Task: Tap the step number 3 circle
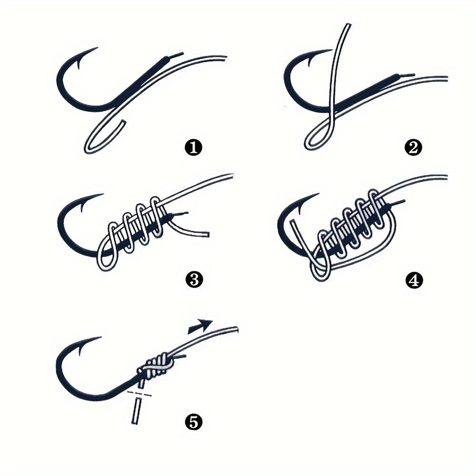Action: pos(193,280)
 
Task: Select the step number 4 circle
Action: pos(413,280)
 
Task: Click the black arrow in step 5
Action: pos(201,326)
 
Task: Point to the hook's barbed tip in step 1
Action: pos(95,51)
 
